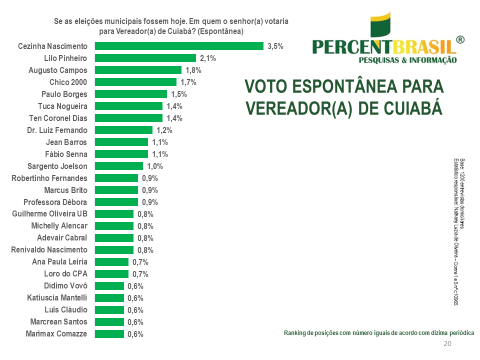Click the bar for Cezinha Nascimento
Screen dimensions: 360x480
[179, 46]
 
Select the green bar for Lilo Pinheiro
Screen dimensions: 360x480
[145, 58]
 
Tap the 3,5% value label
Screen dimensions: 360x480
[275, 46]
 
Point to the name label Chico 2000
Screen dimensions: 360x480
[68, 82]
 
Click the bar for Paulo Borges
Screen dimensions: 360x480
[130, 94]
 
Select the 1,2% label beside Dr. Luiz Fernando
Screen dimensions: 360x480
[164, 130]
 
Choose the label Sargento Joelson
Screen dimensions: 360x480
[57, 166]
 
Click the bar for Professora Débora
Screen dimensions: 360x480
[116, 202]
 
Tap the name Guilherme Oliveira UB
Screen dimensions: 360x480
[49, 214]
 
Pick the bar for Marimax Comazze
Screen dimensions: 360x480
[109, 334]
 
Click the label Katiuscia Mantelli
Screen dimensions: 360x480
[57, 298]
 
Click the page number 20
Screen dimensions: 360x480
[447, 343]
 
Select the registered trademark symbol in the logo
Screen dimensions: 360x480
[460, 40]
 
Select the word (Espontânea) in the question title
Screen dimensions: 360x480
[220, 31]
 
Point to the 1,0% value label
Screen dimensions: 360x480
[154, 166]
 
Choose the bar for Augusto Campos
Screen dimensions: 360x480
[138, 70]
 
